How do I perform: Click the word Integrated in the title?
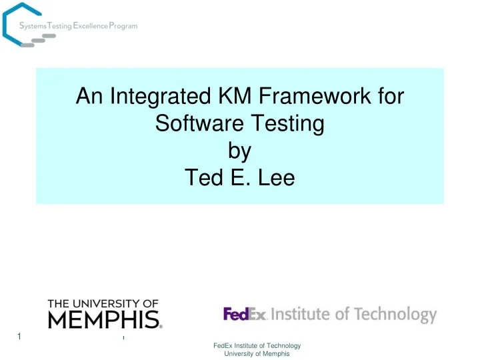point(153,98)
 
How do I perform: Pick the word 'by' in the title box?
point(239,151)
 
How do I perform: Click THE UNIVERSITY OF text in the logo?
point(103,303)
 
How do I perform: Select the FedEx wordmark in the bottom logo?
point(245,314)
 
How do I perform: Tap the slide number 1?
point(19,337)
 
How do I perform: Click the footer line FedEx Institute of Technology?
point(257,345)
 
